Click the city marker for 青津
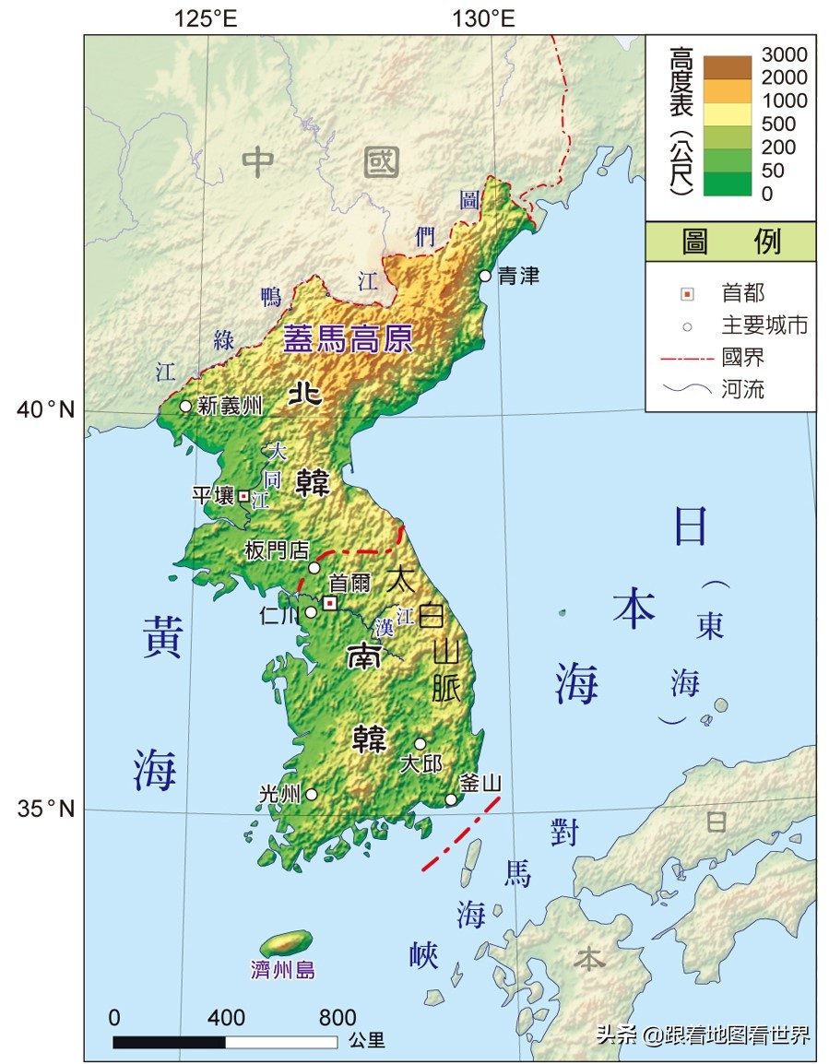click(485, 276)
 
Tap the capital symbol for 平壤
click(243, 496)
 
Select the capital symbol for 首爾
click(329, 603)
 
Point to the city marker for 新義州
click(185, 406)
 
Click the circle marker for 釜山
click(451, 799)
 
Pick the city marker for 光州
click(312, 794)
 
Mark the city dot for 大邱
click(420, 744)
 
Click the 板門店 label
click(277, 550)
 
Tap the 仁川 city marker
click(312, 612)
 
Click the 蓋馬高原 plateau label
click(347, 340)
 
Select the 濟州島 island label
click(283, 970)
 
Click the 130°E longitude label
click(483, 18)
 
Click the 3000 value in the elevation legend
click(784, 54)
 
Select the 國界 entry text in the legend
click(743, 357)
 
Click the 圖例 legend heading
click(730, 242)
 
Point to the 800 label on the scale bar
click(338, 1018)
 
